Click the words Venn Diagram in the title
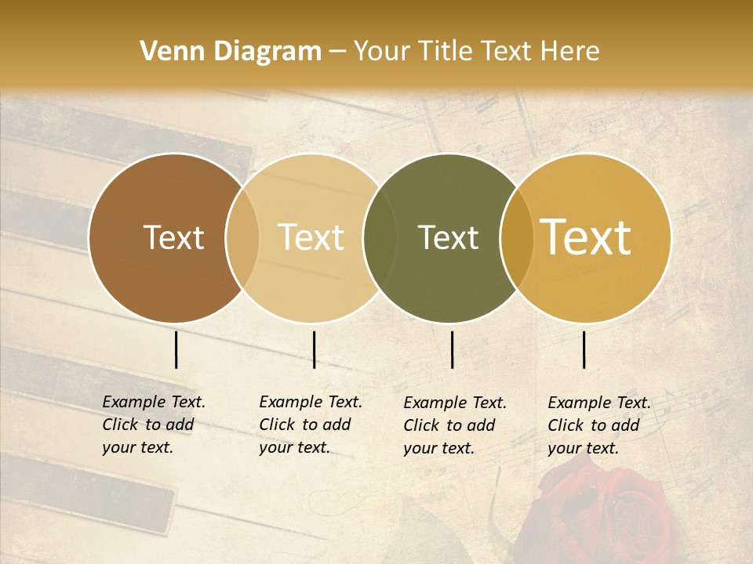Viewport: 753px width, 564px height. click(x=231, y=52)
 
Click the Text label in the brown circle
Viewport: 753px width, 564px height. click(x=173, y=237)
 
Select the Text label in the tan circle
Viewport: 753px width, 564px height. click(x=311, y=237)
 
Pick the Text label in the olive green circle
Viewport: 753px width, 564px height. click(x=448, y=237)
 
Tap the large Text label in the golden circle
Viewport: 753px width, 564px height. click(x=586, y=237)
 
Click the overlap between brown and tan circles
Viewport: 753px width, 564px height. click(x=242, y=237)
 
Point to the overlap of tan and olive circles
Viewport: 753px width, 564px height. click(x=380, y=237)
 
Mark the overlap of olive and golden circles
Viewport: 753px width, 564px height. click(x=517, y=237)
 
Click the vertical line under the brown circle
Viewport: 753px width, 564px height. click(x=176, y=349)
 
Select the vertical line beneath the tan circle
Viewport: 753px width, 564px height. click(x=314, y=349)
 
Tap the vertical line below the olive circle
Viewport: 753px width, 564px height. click(x=453, y=349)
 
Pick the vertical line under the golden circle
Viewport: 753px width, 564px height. click(x=584, y=349)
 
